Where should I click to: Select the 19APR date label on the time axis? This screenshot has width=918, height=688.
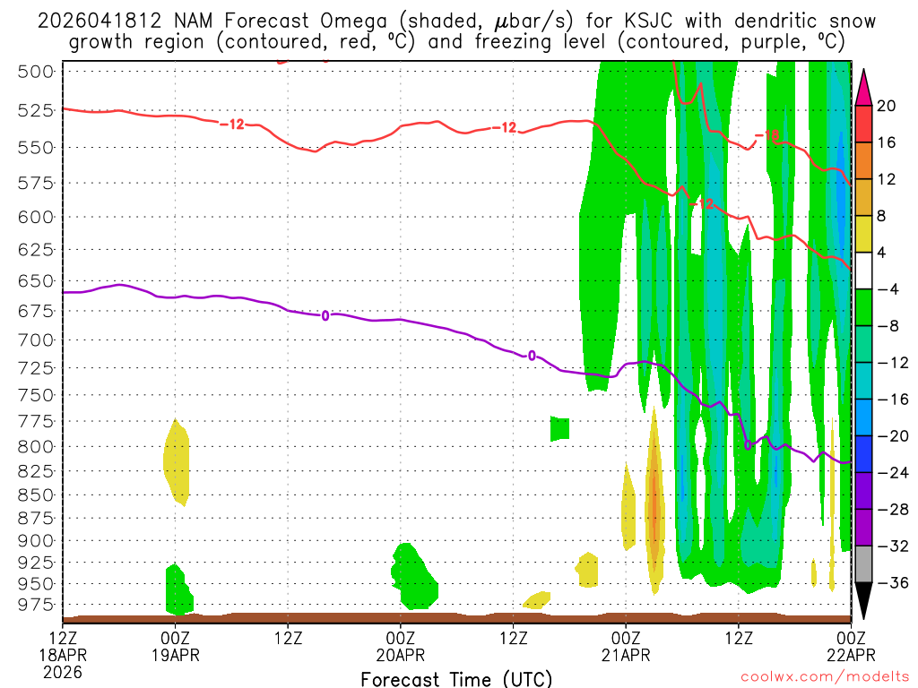point(176,654)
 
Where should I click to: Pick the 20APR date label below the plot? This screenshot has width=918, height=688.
point(401,654)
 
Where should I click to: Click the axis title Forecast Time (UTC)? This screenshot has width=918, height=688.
point(456,678)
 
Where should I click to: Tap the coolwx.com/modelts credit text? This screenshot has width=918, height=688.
point(824,676)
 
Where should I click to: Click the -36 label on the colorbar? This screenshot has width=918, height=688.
point(886,583)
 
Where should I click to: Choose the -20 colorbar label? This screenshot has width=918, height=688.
point(886,436)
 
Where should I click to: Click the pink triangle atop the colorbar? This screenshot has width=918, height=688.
point(864,88)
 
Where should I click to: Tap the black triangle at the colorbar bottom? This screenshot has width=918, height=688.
point(864,601)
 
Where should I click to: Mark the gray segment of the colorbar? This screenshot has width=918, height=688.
point(864,564)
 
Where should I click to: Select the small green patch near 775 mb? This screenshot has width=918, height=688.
point(560,428)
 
